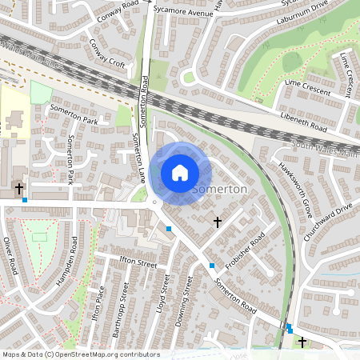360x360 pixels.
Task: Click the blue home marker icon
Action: click(x=180, y=172)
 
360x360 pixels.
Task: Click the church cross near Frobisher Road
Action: click(x=216, y=220)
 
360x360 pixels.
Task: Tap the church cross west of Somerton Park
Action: click(x=19, y=189)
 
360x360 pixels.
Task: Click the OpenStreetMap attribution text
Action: click(x=80, y=354)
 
